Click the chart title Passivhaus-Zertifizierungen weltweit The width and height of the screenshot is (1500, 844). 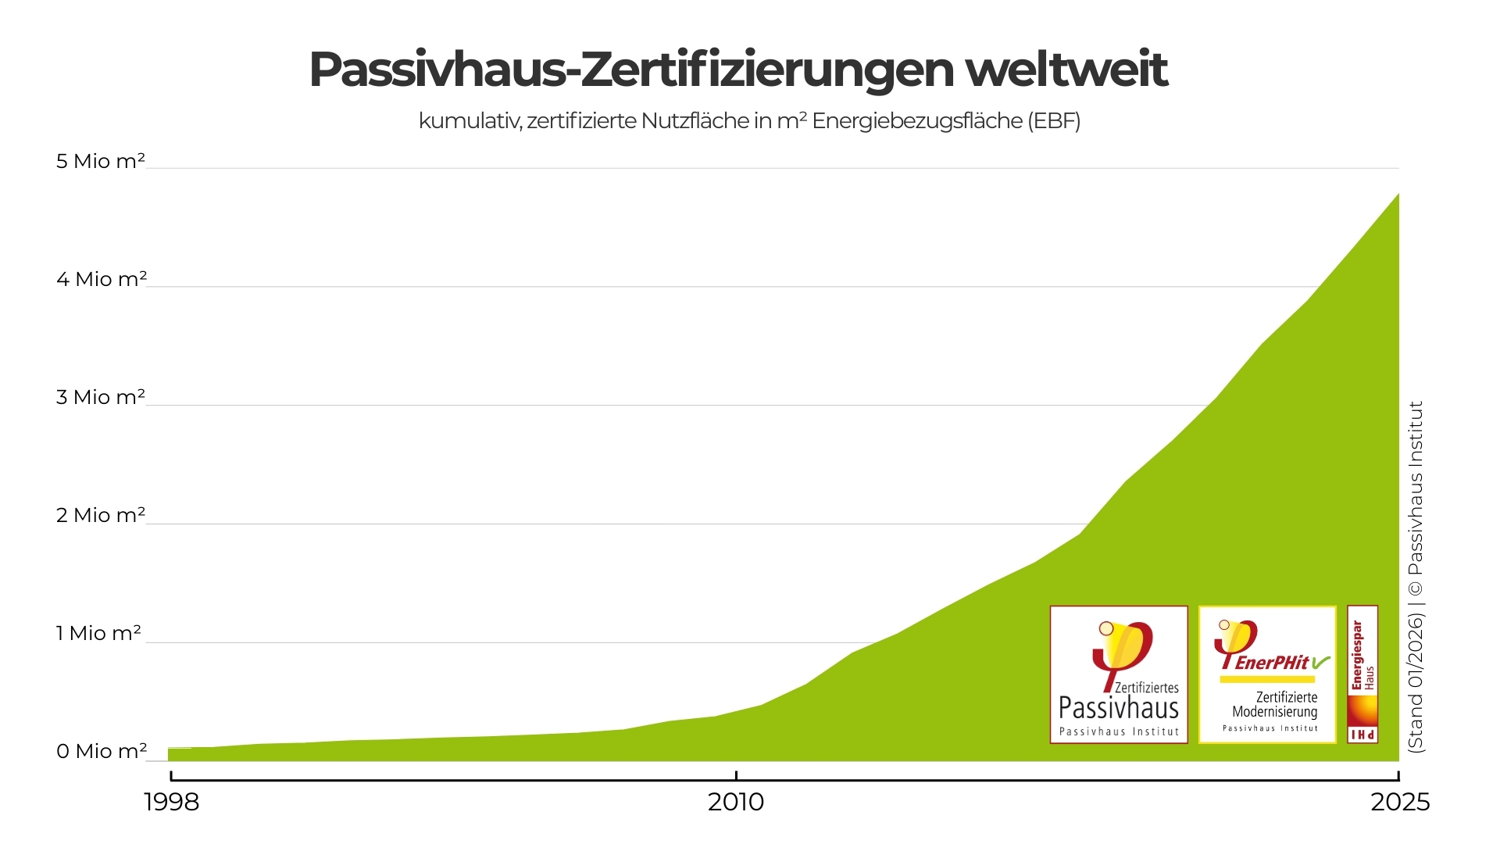coord(737,70)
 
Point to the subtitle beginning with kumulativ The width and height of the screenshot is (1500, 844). coord(749,121)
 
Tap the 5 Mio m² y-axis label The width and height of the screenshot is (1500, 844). coord(101,161)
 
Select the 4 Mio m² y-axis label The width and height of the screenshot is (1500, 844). coord(101,279)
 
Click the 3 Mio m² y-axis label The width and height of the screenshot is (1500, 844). coord(101,397)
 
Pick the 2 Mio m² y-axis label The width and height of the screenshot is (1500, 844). coord(101,515)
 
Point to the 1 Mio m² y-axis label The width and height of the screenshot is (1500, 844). coord(98,633)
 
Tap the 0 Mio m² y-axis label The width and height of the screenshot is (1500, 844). coord(101,751)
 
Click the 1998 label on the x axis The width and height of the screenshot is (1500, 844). coord(172,802)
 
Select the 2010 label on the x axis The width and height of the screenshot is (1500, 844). coord(736,802)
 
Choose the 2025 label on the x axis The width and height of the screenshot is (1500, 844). coord(1400,802)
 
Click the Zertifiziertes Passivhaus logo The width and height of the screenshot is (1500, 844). coord(1119,674)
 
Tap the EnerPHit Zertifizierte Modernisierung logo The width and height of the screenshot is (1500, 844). coord(1267,674)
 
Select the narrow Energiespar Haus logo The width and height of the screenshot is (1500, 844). coord(1362,674)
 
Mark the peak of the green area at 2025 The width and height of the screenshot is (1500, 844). coord(1398,195)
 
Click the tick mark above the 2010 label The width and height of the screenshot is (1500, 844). coord(736,775)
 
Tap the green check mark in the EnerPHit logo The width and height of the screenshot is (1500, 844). coord(1320,663)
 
